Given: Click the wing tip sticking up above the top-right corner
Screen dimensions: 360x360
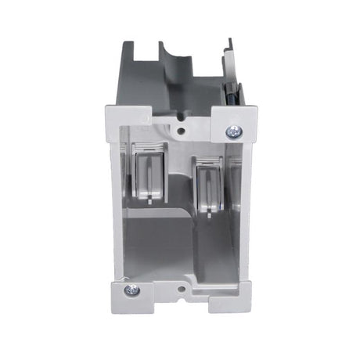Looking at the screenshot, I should tap(228, 44).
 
